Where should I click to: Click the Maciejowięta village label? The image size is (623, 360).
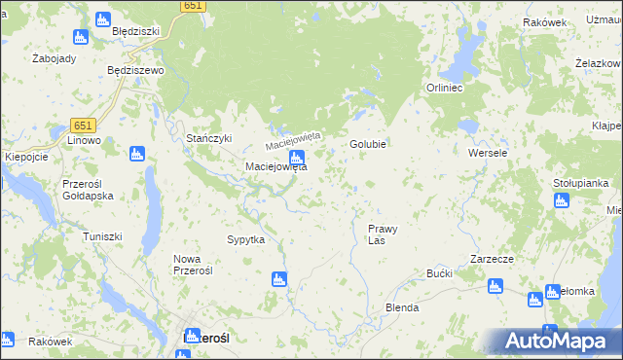(x=275, y=166)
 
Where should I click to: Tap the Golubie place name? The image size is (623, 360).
(x=369, y=144)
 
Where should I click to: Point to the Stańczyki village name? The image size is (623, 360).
(x=209, y=138)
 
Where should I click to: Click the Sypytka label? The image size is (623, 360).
(x=245, y=239)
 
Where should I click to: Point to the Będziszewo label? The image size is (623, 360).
(x=135, y=71)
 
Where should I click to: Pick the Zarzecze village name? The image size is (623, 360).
(x=492, y=259)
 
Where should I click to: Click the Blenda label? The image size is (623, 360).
(x=402, y=307)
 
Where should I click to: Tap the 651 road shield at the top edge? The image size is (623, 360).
(x=193, y=6)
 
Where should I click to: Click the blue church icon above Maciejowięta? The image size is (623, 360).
(x=297, y=157)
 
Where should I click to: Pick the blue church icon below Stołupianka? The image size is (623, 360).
(x=561, y=200)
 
